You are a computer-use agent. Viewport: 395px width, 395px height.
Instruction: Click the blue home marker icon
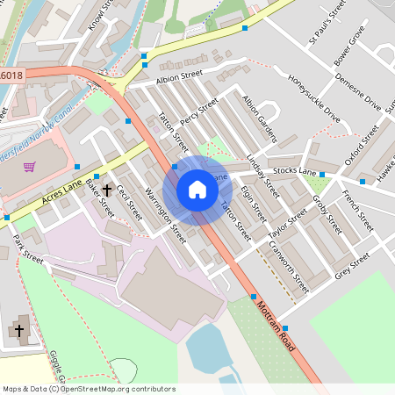(197, 190)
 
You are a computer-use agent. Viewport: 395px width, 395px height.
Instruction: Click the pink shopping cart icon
(29, 167)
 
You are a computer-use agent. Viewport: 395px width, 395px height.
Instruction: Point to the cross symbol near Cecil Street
(107, 189)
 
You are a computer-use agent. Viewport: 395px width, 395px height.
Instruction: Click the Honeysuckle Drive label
(313, 97)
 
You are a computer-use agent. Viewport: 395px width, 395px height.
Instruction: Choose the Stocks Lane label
(294, 169)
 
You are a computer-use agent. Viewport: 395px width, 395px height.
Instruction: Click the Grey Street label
(351, 267)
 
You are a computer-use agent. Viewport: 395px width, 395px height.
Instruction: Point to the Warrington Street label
(165, 216)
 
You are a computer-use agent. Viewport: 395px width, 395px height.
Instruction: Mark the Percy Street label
(198, 114)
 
